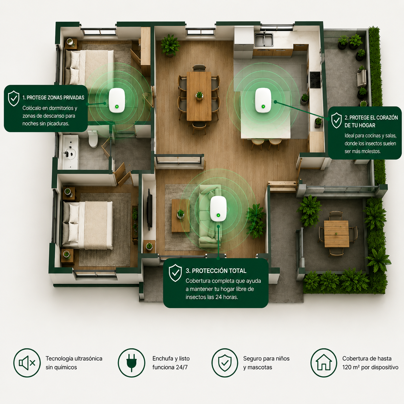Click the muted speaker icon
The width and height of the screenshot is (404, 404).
[x=27, y=363]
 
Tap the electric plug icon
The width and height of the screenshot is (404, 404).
[x=131, y=363]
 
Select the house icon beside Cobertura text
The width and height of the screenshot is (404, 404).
[x=324, y=363]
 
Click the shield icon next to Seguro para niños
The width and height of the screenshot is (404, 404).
[x=225, y=363]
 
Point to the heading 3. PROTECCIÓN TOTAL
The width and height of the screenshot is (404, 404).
[x=216, y=271]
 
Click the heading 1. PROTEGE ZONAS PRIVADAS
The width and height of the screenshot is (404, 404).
[x=53, y=98]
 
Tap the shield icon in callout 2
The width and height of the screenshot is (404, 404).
[x=336, y=120]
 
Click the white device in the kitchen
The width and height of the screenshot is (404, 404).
[x=263, y=100]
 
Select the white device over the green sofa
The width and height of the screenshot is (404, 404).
[x=218, y=208]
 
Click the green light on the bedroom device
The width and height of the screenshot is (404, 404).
[x=117, y=107]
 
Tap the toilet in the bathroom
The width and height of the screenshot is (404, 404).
[x=93, y=139]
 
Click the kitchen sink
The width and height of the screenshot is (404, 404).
[x=264, y=40]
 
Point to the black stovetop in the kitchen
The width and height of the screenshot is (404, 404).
[x=315, y=80]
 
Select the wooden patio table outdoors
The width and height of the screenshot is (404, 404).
[x=336, y=234]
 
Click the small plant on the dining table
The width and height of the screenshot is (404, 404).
[x=199, y=96]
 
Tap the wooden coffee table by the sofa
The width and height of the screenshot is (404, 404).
[x=180, y=216]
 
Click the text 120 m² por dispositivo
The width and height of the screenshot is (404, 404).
[x=370, y=367]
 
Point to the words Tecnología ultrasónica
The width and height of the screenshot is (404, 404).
[x=74, y=359]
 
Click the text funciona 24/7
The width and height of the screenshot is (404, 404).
[x=170, y=367]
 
